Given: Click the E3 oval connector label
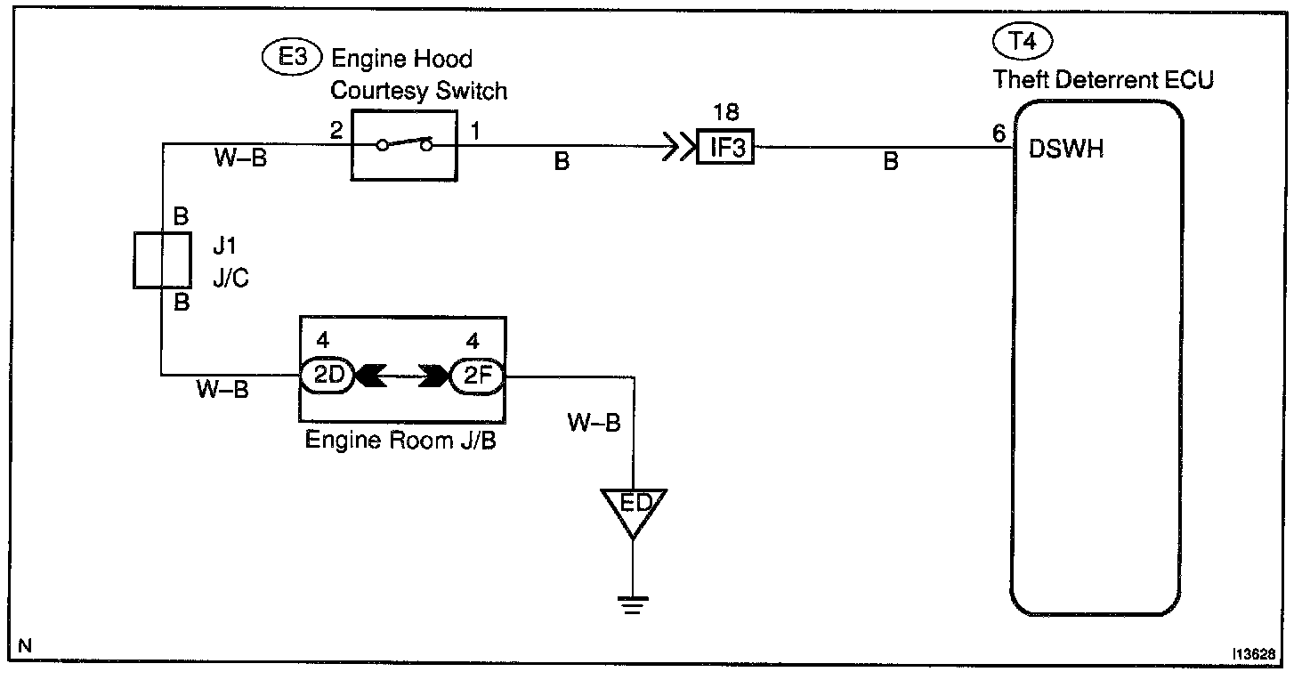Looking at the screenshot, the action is tap(292, 57).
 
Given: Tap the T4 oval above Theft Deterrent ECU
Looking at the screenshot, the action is tap(1023, 41).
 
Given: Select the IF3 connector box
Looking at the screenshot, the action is tap(725, 147).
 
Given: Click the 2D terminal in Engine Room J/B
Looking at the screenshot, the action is tap(327, 376).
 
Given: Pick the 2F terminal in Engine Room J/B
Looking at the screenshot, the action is tap(477, 376).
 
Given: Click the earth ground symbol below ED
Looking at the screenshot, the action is tap(633, 604).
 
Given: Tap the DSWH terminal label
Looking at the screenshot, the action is tap(1065, 150).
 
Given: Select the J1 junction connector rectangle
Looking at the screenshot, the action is tap(163, 260).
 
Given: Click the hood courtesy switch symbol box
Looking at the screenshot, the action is tap(404, 146).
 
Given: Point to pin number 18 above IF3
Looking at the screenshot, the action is tap(726, 111).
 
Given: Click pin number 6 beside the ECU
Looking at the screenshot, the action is tap(999, 134).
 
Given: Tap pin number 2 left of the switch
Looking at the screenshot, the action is tap(336, 130).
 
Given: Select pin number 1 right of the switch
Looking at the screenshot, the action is tap(475, 130).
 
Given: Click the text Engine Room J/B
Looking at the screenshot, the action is tap(400, 441).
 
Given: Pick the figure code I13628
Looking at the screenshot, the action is tap(1254, 654).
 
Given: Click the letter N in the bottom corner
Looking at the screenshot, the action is tap(25, 646).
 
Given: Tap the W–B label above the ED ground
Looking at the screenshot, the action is tap(594, 422).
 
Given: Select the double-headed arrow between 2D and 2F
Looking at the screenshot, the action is tap(401, 376).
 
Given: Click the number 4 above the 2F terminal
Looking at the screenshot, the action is tap(473, 340).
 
